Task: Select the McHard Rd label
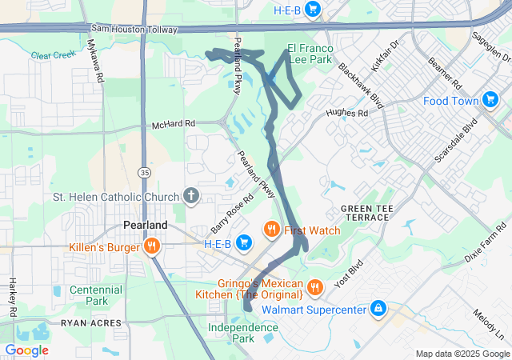[174, 125]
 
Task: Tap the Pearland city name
[145, 226]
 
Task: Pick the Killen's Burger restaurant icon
[150, 247]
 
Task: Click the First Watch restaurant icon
[272, 230]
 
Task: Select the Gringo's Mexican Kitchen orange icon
[315, 286]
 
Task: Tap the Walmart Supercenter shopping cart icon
[378, 308]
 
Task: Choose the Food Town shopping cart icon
[490, 101]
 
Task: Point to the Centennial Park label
[95, 295]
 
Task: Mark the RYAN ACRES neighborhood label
[92, 323]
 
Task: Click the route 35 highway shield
[143, 172]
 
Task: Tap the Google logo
[26, 350]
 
